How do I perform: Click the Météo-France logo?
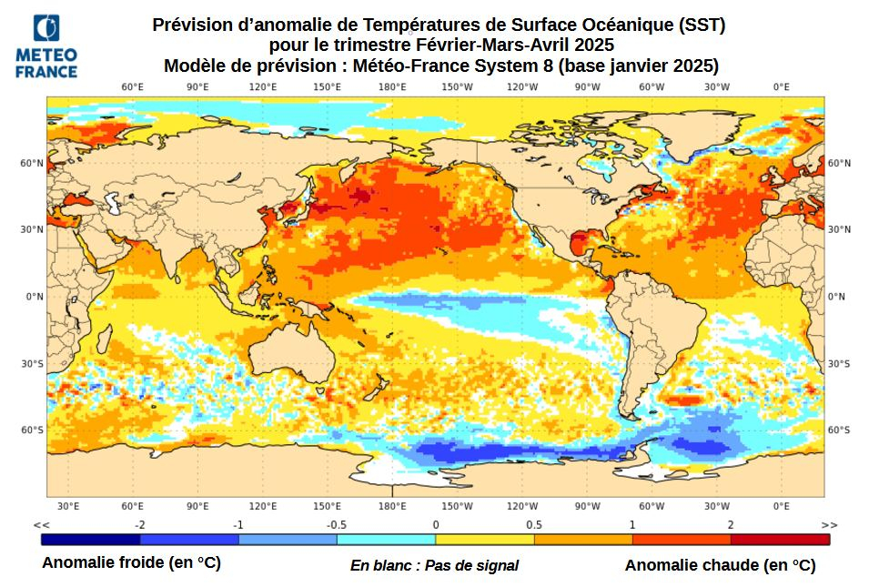[46, 46]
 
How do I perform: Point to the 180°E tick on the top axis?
[392, 87]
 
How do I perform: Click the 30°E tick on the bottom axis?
[68, 506]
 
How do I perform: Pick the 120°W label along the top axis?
[522, 87]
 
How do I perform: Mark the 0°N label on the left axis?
[35, 297]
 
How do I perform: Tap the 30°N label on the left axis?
[34, 229]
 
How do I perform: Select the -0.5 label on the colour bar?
[337, 525]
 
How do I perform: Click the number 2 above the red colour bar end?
[730, 525]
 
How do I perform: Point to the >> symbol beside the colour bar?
[828, 525]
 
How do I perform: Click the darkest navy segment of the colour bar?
[91, 539]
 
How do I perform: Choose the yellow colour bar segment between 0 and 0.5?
[484, 539]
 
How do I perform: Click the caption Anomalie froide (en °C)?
[131, 563]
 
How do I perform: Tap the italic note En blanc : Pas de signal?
[434, 565]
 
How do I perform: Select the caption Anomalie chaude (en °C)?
[720, 565]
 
